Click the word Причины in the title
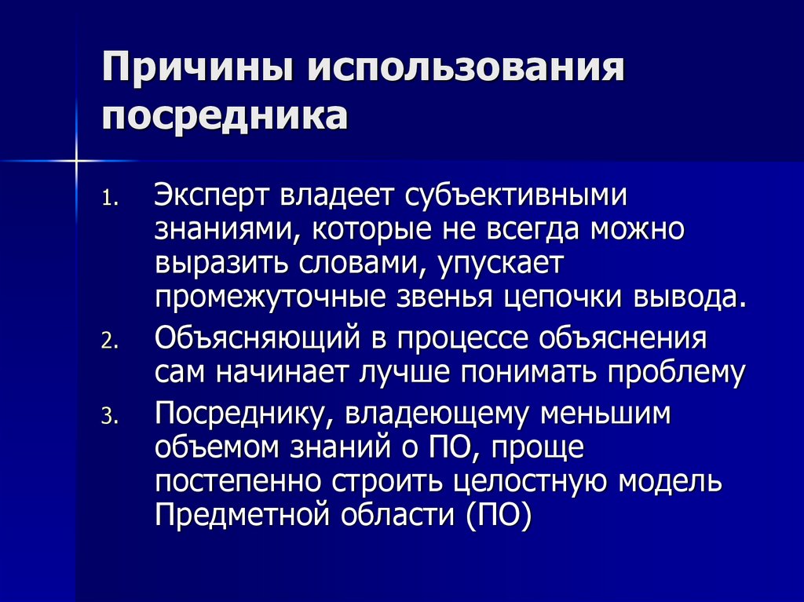click(196, 71)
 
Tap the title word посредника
click(225, 115)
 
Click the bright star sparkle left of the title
click(78, 161)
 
